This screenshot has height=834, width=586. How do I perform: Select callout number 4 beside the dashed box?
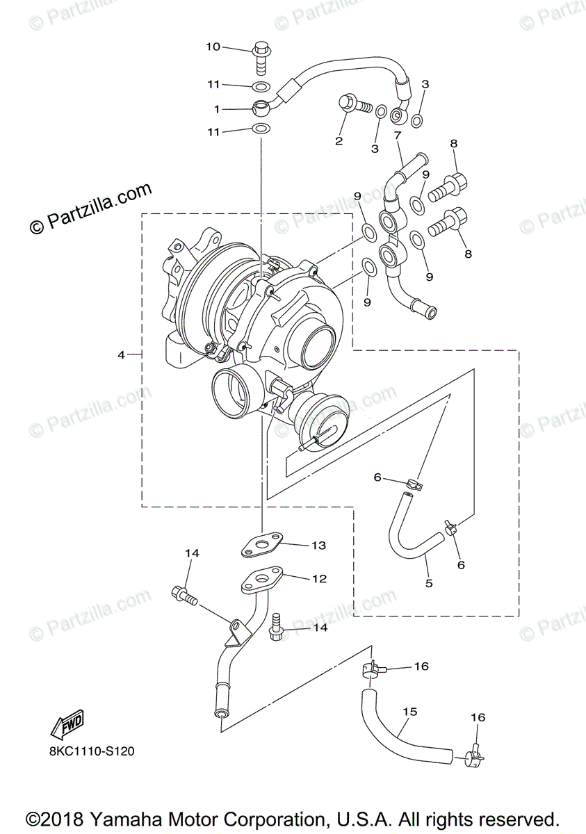[x=121, y=354]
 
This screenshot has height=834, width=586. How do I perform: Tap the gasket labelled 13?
[x=264, y=545]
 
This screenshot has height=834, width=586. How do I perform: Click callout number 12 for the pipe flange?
[x=319, y=578]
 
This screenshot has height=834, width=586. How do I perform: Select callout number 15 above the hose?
[x=409, y=712]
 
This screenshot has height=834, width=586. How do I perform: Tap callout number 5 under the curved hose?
[x=429, y=583]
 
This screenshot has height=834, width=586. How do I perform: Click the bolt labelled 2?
[x=351, y=105]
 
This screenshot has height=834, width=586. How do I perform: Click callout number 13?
[x=319, y=546]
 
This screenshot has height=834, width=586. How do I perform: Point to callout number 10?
[x=213, y=47]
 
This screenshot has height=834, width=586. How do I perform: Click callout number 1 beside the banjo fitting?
[x=217, y=109]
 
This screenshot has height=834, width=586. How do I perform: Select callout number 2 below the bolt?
[x=339, y=141]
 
